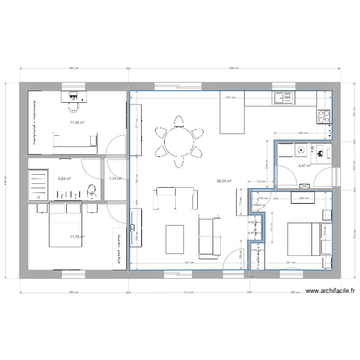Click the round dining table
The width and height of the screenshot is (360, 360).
tap(178, 142)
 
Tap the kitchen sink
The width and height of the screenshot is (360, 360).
tap(283, 98)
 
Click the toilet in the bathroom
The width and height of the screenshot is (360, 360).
tap(92, 192)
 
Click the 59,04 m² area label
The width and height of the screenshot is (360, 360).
tap(224, 181)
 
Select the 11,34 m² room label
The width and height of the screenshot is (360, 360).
tap(77, 122)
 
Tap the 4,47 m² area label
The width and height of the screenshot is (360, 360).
tap(304, 166)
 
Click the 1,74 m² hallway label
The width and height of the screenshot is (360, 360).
tap(115, 179)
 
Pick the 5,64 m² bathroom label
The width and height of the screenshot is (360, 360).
tap(64, 179)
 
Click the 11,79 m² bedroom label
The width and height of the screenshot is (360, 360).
tap(77, 237)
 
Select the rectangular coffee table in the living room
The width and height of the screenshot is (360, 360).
tap(175, 239)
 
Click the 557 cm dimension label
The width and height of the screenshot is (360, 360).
tap(231, 98)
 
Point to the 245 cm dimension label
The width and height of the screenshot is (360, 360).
tap(303, 133)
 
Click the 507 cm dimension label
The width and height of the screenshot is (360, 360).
tap(190, 263)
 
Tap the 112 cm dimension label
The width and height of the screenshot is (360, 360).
tap(260, 181)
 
